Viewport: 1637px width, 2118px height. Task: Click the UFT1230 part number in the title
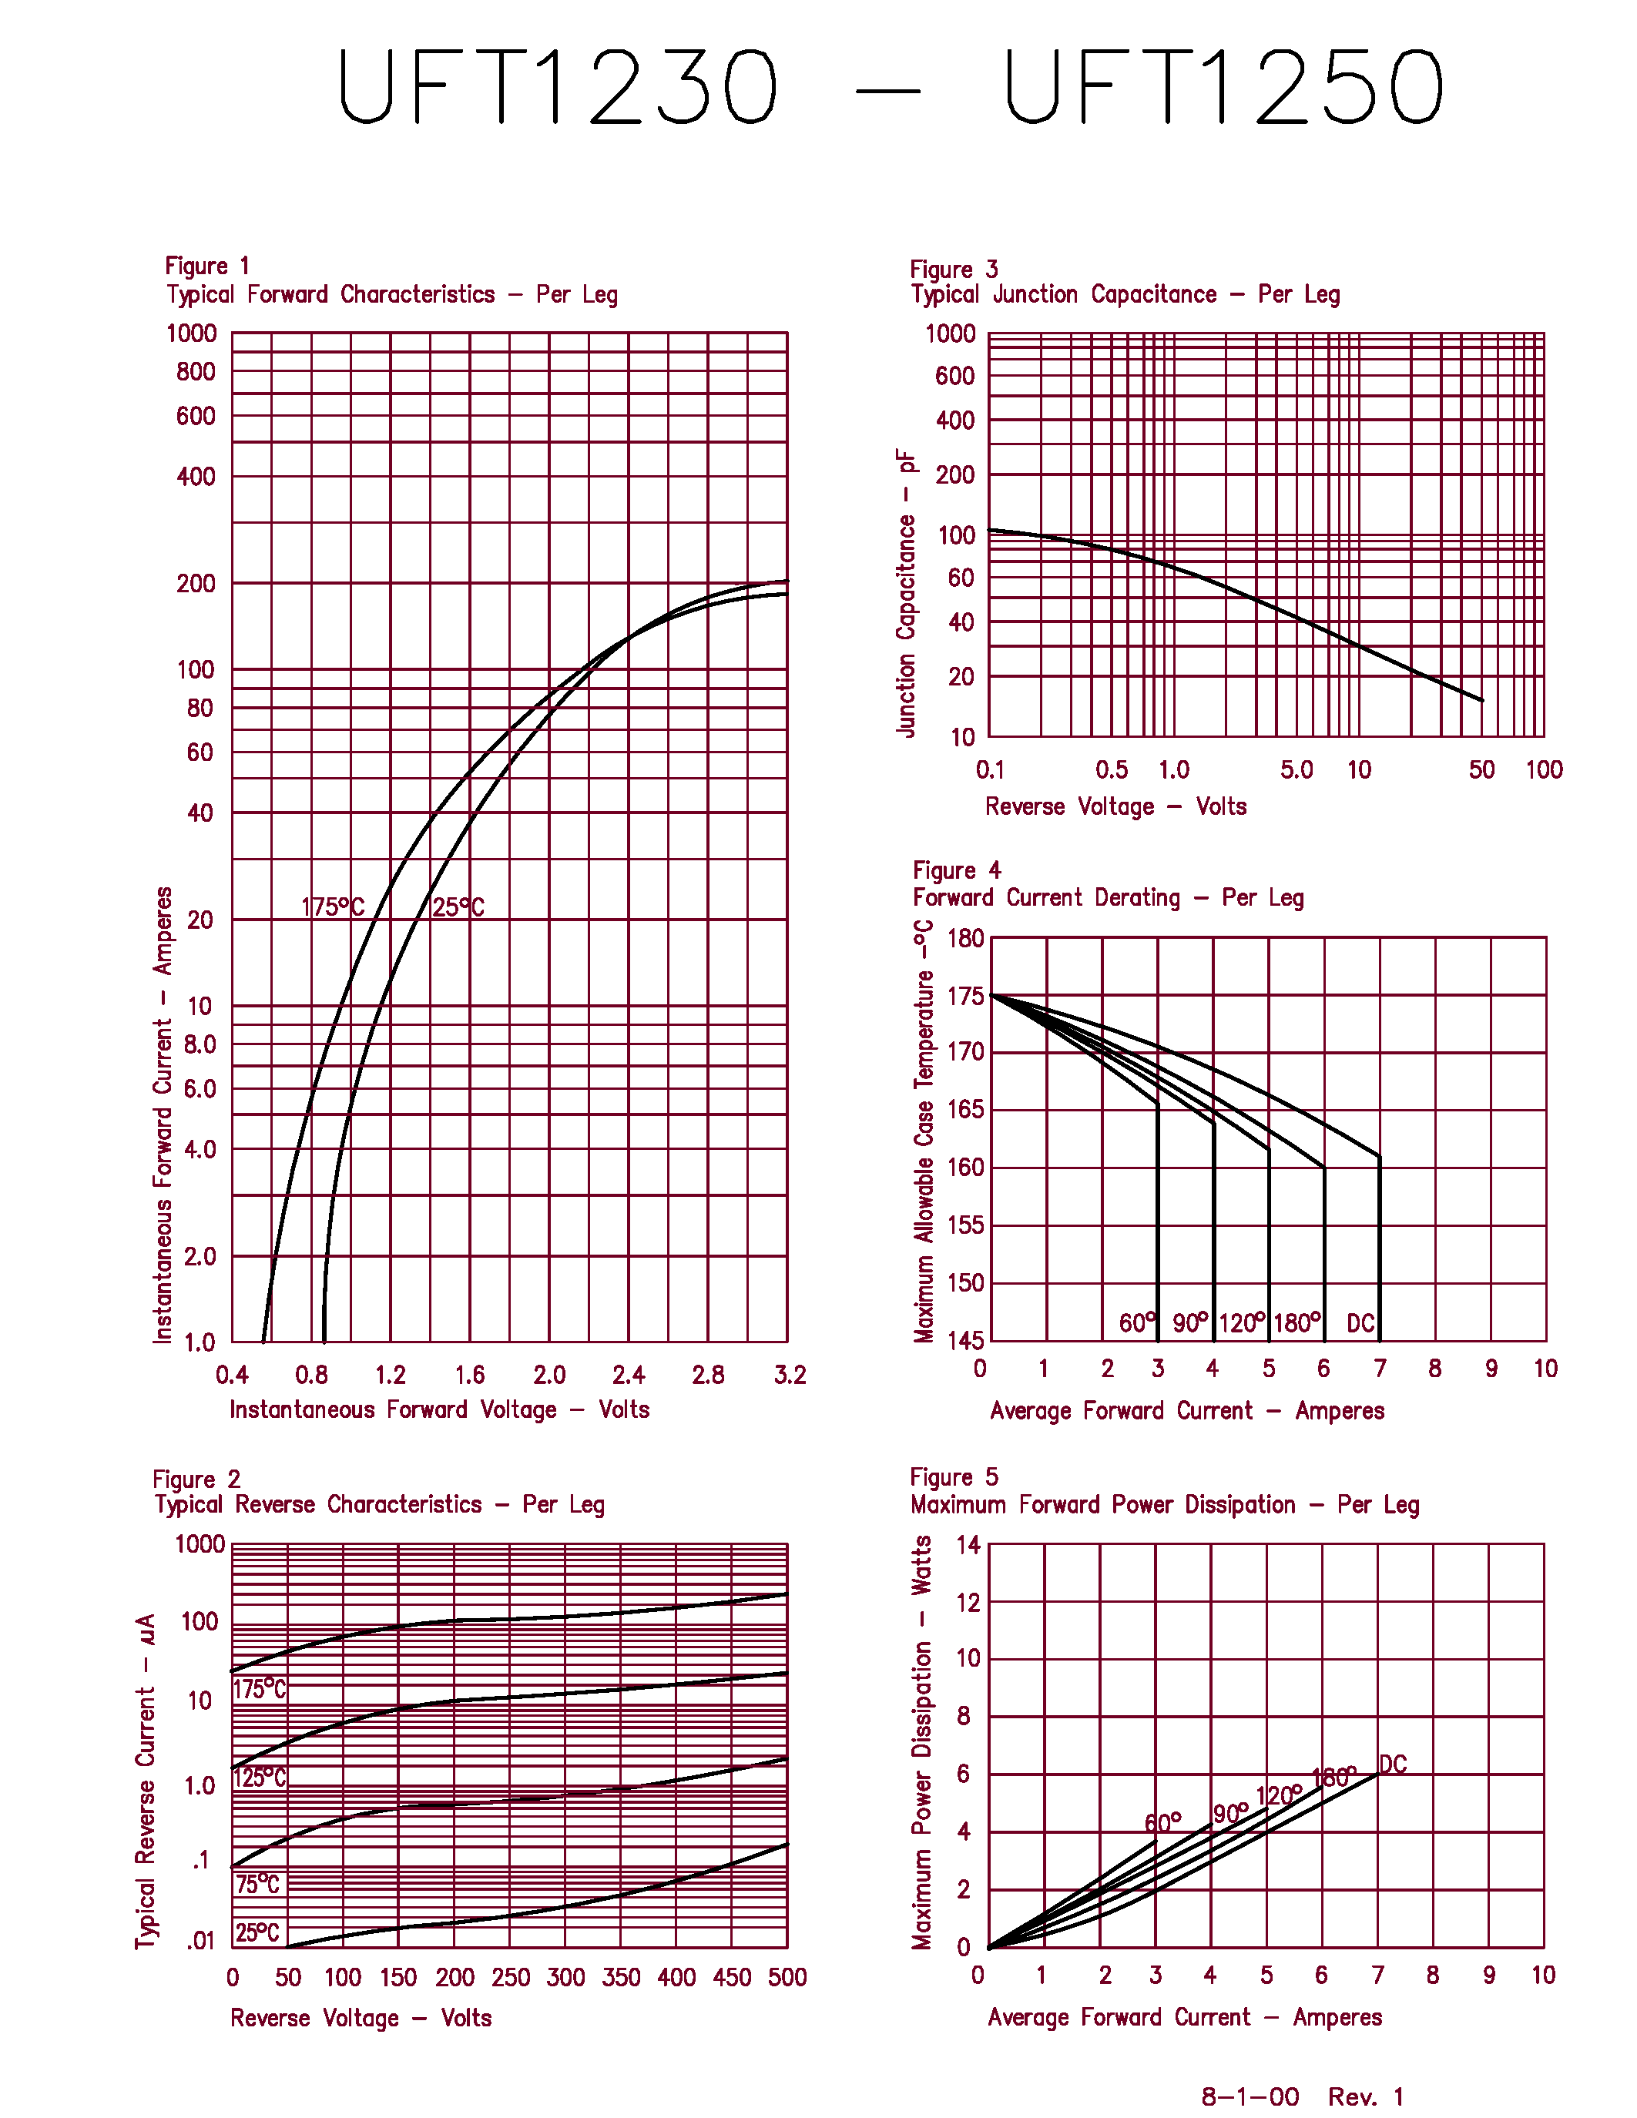558,87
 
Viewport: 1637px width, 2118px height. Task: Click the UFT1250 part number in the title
1224,87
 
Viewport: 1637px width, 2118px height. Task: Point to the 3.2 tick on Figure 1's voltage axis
790,1375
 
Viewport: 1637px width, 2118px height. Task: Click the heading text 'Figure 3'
953,270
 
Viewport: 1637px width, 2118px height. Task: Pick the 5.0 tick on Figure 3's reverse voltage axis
1296,770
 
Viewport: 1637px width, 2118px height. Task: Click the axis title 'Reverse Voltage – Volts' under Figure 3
1115,807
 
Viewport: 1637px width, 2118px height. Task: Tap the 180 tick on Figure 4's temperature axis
965,938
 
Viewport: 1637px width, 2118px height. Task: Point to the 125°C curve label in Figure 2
260,1778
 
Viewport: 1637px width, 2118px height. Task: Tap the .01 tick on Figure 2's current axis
200,1941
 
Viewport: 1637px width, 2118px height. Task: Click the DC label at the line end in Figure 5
1393,1764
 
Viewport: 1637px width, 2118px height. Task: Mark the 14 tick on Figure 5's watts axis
968,1545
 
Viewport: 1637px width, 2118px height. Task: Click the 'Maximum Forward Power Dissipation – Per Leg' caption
1164,1505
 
